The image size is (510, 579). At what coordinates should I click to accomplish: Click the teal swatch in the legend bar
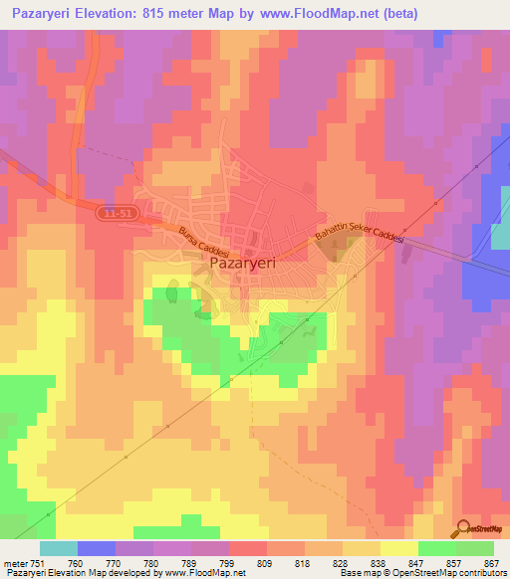(59, 547)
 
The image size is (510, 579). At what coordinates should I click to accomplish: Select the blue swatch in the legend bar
(97, 547)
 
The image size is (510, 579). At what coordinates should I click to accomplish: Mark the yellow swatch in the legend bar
(398, 547)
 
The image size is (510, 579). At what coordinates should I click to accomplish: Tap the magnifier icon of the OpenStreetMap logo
(462, 527)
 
